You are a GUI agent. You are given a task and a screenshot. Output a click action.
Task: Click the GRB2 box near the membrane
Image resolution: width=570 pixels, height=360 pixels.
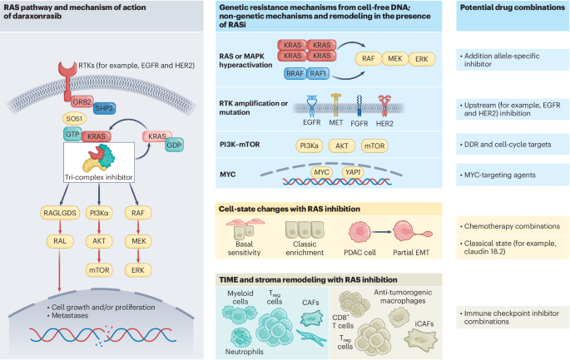[82, 101]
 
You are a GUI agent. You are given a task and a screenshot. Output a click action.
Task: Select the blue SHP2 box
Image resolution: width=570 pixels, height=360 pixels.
[104, 108]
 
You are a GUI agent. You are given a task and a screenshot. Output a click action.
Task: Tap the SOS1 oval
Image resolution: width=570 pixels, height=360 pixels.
[74, 119]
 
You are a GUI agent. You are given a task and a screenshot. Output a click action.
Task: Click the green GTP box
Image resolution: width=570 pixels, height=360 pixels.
[72, 134]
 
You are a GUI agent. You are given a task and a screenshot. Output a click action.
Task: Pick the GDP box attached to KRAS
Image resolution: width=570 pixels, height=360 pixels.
[174, 145]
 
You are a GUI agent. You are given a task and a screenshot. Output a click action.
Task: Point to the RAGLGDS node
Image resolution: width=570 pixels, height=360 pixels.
[60, 213]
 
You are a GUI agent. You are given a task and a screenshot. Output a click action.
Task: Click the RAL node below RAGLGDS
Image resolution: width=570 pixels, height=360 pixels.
[60, 241]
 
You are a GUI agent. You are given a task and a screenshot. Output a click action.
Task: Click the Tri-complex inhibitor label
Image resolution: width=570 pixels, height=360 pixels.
[98, 177]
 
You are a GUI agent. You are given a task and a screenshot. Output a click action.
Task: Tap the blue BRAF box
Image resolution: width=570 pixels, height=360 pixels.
[295, 74]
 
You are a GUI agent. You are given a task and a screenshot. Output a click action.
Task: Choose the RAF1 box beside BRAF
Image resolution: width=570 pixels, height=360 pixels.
[318, 74]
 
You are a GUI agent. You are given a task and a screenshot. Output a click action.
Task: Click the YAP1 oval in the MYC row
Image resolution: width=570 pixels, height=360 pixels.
[353, 172]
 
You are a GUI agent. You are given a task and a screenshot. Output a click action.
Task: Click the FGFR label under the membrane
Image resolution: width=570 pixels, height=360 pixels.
[359, 124]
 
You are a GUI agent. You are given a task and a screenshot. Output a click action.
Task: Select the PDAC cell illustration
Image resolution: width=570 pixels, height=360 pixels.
[359, 232]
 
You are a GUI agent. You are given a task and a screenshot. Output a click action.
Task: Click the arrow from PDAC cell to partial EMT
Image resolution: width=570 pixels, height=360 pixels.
[382, 232]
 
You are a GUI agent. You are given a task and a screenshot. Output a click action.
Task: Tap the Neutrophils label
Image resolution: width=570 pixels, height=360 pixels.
[245, 352]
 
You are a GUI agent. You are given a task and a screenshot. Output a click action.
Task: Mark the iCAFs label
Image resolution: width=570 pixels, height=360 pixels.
[424, 323]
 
